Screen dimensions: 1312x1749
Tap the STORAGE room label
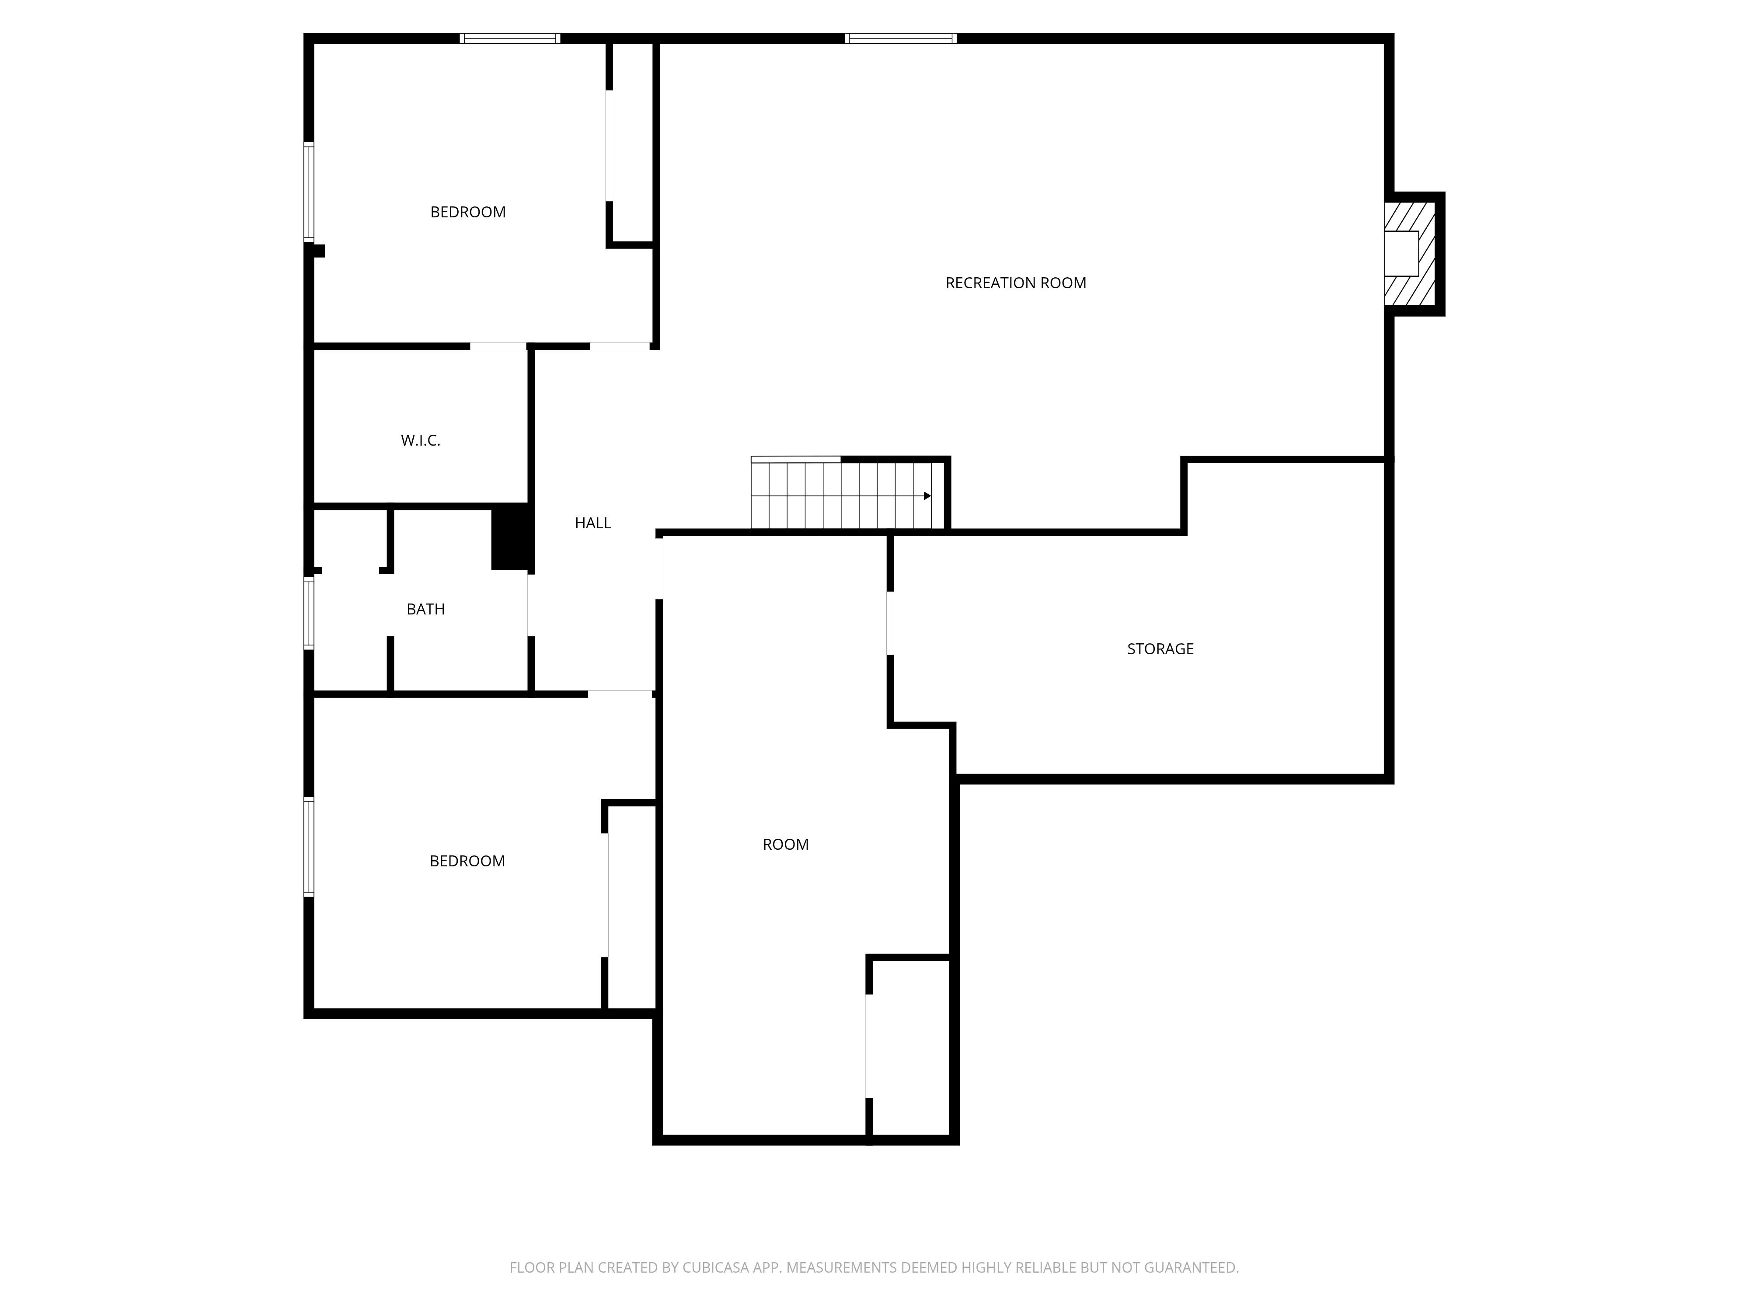click(1160, 649)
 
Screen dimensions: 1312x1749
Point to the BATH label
click(425, 609)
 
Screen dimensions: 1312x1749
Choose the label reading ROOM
click(785, 844)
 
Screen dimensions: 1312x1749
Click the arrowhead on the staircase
click(927, 496)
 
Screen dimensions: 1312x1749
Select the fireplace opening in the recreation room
click(1401, 253)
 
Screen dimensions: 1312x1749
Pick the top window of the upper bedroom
click(510, 38)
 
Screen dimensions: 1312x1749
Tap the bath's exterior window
click(309, 613)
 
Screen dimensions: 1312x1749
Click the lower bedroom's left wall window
click(309, 846)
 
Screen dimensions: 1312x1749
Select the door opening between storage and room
click(890, 623)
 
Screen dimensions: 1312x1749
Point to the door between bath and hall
click(531, 605)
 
